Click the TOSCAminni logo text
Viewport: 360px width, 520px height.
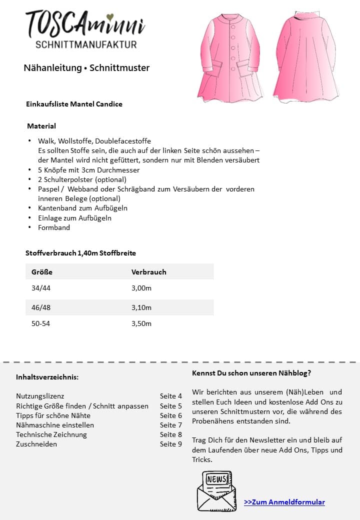85,23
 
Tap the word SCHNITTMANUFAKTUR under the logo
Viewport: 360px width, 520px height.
86,44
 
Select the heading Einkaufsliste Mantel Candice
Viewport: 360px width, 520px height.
74,104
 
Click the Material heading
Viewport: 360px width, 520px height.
41,126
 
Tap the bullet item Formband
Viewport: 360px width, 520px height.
54,227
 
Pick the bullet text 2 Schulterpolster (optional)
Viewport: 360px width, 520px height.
82,179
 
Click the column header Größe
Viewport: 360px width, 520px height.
42,272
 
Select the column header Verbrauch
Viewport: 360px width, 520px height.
148,272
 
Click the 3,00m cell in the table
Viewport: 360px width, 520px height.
141,288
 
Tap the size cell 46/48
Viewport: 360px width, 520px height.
41,307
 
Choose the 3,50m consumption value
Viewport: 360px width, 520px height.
141,323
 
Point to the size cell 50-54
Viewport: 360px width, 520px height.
41,323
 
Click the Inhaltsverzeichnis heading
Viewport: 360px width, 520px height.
47,376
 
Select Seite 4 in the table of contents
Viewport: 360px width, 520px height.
171,396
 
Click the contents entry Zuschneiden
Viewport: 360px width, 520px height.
36,444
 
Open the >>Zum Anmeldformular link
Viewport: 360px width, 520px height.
284,502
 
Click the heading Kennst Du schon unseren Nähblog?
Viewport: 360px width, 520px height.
251,373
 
